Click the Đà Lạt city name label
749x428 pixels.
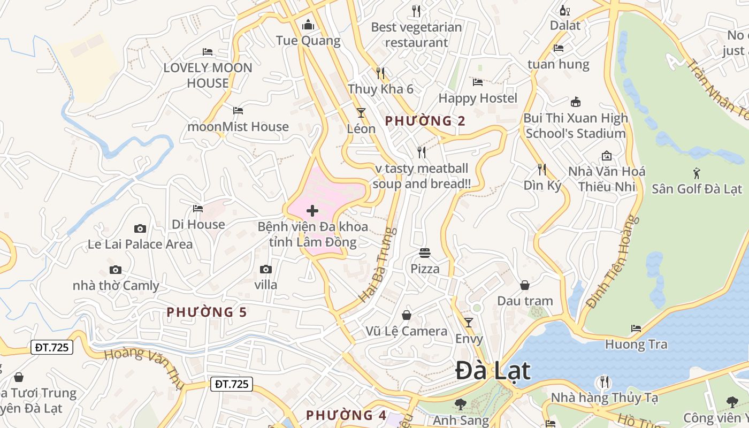click(x=493, y=371)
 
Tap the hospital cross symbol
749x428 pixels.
click(x=312, y=211)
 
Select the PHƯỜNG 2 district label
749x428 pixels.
click(x=425, y=121)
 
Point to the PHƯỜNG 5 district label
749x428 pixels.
click(x=207, y=312)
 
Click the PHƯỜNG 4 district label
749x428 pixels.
click(x=346, y=415)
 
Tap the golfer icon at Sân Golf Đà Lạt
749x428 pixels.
click(x=697, y=173)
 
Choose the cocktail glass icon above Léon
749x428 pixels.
click(x=361, y=113)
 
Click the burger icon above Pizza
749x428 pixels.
click(x=425, y=253)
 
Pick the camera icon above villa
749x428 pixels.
click(x=266, y=269)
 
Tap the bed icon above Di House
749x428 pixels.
click(x=198, y=208)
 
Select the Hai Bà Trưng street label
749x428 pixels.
click(x=378, y=265)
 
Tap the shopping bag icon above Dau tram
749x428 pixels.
click(x=525, y=285)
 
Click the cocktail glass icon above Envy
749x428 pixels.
click(x=469, y=322)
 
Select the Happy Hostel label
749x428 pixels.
click(x=478, y=98)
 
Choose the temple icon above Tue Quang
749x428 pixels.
click(x=308, y=25)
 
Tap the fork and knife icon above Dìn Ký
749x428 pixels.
click(x=542, y=170)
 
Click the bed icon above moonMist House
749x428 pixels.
click(x=238, y=111)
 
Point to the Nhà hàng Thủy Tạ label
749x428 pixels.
click(x=605, y=398)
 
